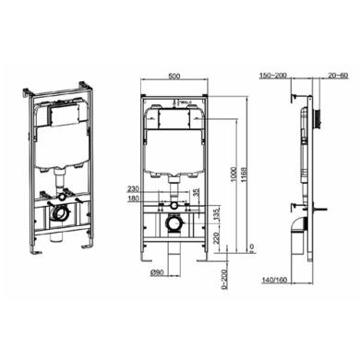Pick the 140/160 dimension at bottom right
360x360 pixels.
click(x=276, y=279)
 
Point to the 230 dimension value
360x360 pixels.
click(x=134, y=189)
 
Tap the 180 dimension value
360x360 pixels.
click(x=134, y=198)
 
